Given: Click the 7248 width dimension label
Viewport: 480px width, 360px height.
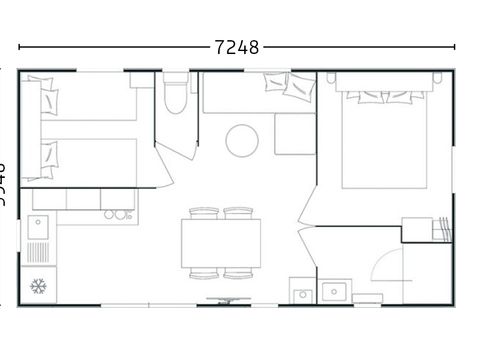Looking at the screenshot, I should click(x=236, y=46).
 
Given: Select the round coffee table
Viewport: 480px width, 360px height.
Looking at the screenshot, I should click(x=242, y=140).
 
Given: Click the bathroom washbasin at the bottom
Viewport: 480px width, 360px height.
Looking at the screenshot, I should click(x=333, y=292).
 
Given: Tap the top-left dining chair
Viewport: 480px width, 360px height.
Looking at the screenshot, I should click(x=203, y=212).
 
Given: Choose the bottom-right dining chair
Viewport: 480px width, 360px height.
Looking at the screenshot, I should click(x=238, y=272).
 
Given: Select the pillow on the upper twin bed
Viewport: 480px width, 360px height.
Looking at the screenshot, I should click(x=47, y=97).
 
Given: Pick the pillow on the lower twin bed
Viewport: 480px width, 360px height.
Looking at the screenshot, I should click(x=47, y=155).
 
